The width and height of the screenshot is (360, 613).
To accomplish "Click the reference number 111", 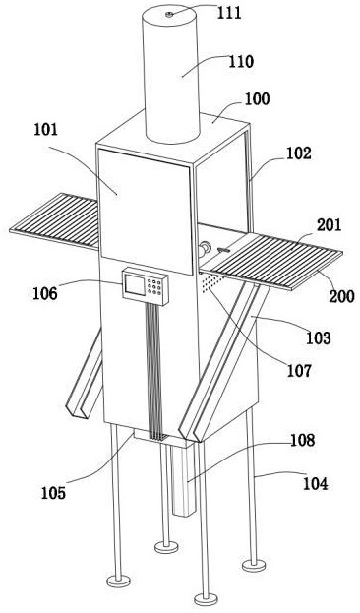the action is [x=229, y=13].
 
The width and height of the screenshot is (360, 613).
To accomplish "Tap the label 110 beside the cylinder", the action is [x=241, y=62].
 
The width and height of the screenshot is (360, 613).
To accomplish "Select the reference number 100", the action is [x=257, y=98].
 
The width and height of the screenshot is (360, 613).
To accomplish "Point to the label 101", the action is [x=45, y=130].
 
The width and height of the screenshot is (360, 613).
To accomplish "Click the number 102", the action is [x=299, y=153].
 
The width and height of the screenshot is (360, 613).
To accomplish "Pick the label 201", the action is [x=329, y=225].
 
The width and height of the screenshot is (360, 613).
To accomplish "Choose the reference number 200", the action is [x=341, y=296].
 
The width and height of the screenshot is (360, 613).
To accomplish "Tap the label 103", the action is [x=318, y=337].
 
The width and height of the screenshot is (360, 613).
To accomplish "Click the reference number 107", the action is [x=299, y=370].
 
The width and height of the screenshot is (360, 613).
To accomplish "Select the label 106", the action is [x=45, y=293].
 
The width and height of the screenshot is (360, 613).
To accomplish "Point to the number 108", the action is [x=302, y=440].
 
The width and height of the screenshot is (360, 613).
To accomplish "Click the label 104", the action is [x=316, y=484].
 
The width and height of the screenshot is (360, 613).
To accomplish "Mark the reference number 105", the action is [x=53, y=493].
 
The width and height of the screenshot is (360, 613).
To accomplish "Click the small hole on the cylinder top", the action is [x=169, y=15].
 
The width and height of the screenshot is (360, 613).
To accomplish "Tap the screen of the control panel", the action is [x=134, y=284].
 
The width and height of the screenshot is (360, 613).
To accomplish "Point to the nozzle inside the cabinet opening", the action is [x=204, y=249].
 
